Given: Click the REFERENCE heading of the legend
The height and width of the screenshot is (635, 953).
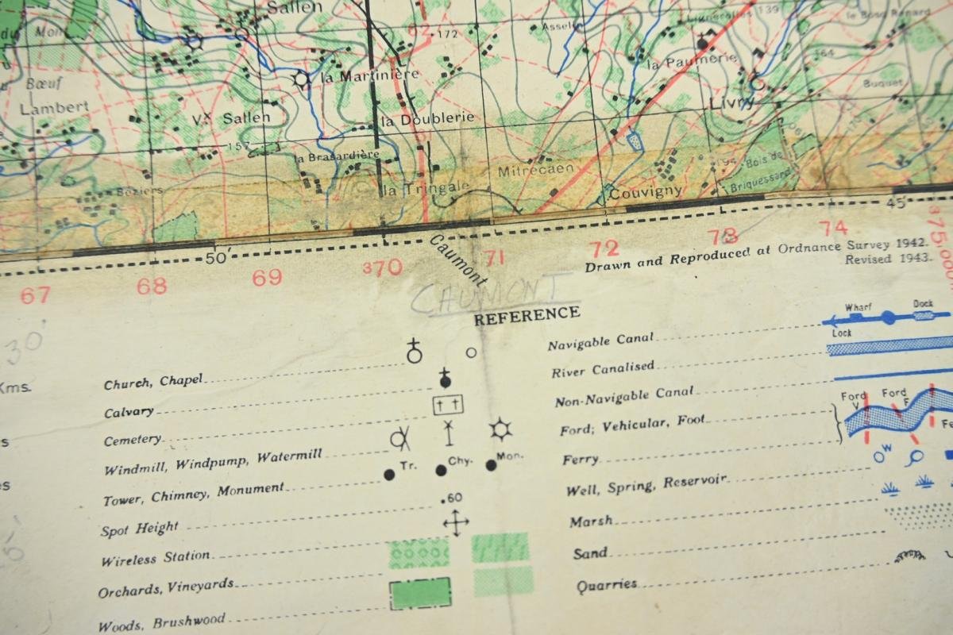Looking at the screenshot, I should (527, 314).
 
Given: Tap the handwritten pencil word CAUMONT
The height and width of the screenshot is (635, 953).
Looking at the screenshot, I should (492, 294).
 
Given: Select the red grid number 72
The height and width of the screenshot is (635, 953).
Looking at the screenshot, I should (604, 248).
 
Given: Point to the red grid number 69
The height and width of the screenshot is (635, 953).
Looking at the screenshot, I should (268, 277).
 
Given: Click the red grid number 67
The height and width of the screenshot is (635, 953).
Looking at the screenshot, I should (35, 295).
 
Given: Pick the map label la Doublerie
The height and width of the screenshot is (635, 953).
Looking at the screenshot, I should (427, 119).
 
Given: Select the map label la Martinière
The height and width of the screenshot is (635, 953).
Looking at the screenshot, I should (368, 75).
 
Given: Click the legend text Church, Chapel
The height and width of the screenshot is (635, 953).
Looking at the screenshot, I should (153, 382).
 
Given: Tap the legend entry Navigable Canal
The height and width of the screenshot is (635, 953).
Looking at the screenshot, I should (601, 342).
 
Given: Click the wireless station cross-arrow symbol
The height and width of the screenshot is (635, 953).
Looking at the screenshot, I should (455, 522).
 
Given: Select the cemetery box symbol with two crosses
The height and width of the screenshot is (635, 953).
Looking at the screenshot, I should (448, 405).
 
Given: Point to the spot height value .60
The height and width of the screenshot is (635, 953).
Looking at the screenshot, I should (451, 498).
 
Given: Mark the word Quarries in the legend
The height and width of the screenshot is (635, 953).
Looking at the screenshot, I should (606, 584).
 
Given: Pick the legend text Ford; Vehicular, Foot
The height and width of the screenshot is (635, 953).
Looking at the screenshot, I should (632, 425).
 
